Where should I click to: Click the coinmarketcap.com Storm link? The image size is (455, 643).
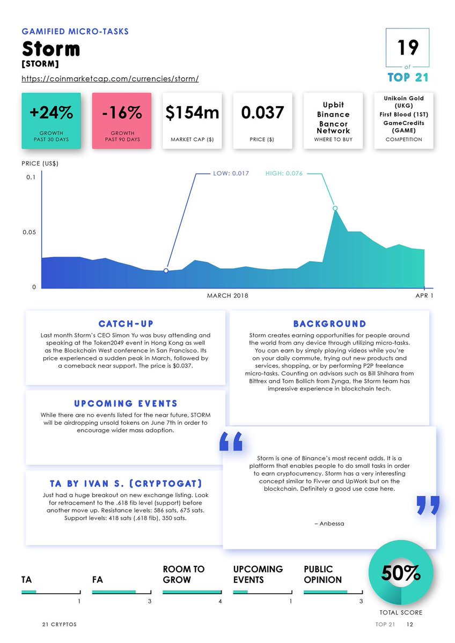point(110,79)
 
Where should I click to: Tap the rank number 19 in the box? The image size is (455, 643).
point(407,48)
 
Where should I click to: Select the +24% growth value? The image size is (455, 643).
point(51,113)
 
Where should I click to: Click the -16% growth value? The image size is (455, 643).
point(122,113)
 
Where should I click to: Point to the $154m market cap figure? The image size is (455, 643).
point(192,113)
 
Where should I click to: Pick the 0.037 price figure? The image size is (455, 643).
point(262,113)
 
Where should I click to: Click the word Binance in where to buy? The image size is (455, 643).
point(333,114)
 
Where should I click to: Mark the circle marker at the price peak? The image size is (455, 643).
point(335,208)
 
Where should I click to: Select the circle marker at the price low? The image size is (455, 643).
point(166,271)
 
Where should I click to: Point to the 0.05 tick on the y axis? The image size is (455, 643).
point(30,232)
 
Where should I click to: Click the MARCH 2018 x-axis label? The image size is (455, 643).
point(227,295)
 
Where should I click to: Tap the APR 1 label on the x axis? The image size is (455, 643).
point(424,295)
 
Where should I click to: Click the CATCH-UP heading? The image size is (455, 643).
point(126,324)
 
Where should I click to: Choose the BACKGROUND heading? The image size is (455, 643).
point(329,324)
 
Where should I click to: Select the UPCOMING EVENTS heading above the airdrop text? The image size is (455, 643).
point(126,403)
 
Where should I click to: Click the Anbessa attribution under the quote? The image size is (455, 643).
point(329,523)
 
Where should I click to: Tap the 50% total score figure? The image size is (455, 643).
point(400,574)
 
